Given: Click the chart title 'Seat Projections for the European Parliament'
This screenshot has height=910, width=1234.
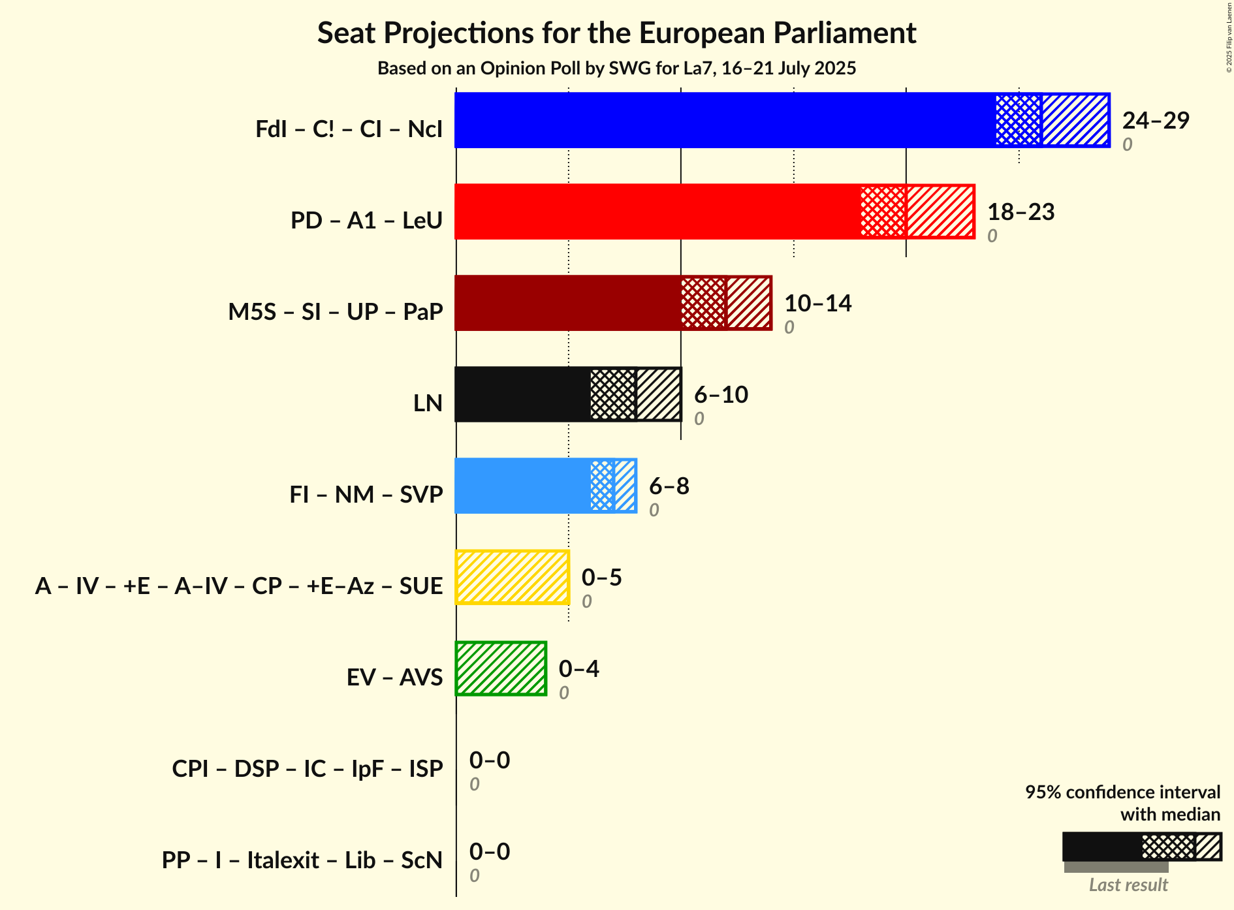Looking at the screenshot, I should coord(616,33).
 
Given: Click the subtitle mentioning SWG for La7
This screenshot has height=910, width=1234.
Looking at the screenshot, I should coord(616,69).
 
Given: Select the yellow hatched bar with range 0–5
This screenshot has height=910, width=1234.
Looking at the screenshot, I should coord(512,577).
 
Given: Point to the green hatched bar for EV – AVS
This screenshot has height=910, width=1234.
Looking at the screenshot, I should coord(501,668).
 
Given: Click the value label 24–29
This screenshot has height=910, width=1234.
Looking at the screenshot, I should coord(1156,120).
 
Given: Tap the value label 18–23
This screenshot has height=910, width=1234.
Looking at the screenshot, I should coord(1020,212).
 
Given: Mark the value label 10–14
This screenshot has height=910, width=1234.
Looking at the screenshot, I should coord(817,303).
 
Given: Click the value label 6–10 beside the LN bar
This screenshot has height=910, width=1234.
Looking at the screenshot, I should coord(721,394).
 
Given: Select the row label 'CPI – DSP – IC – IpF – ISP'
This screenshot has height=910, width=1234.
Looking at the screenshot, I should coord(308,769).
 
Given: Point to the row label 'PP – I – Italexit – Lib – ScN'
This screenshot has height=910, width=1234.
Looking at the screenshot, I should coord(302,860).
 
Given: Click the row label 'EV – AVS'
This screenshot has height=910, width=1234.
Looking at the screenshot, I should coord(395,678).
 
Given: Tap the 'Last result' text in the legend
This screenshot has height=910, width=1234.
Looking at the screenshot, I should coord(1128,885).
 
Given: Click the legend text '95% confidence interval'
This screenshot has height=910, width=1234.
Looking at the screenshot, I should coord(1122,792).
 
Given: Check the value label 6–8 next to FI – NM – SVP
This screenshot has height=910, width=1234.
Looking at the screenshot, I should coord(669,486).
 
